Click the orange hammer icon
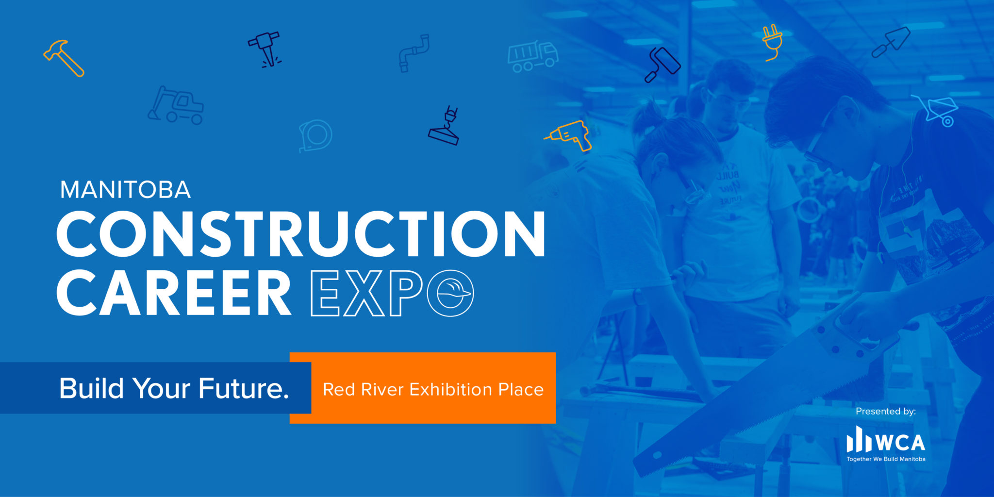63,58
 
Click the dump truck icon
532,56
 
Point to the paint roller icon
662,65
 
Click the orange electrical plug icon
772,42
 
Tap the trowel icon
891,43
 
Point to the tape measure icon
315,135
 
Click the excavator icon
176,105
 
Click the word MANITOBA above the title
125,190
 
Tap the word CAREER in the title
173,293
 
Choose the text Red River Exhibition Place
433,389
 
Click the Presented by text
885,411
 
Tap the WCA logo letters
900,442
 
